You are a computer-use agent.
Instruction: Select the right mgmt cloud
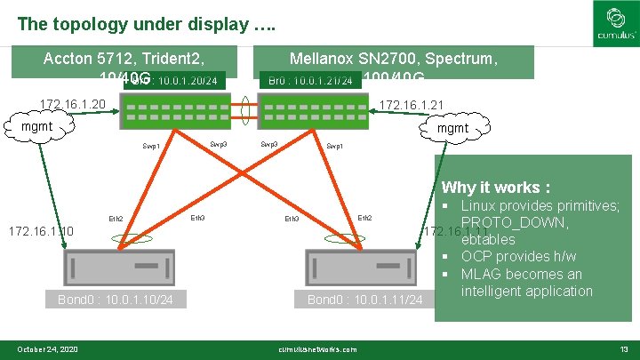(x=454, y=129)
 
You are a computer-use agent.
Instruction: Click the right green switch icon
(x=312, y=111)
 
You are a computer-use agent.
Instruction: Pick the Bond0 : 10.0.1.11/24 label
(x=364, y=300)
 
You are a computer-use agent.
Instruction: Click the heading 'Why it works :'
(x=495, y=188)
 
